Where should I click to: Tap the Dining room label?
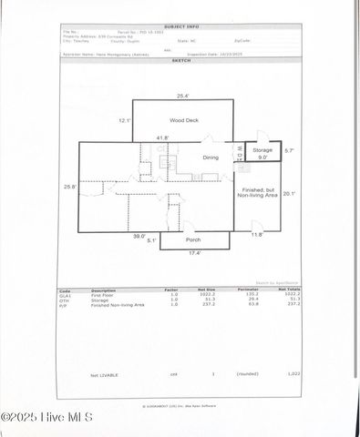click(211, 158)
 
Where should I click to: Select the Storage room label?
click(262, 148)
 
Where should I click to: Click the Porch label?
click(193, 239)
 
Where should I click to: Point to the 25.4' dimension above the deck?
click(183, 95)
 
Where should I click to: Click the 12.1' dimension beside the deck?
click(125, 119)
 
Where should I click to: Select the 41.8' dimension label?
click(161, 137)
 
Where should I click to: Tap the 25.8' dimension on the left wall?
click(69, 187)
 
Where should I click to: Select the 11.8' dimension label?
click(257, 235)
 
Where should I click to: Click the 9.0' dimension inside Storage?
click(262, 157)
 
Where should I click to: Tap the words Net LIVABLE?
click(105, 374)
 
